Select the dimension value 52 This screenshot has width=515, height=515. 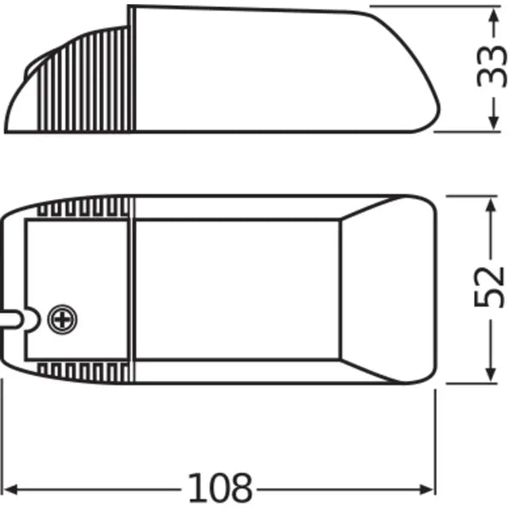coord(490,288)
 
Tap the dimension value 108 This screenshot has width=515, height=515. coord(221,488)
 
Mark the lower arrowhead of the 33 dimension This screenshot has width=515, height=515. coord(493,124)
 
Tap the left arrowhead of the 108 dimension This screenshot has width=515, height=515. coord(12,489)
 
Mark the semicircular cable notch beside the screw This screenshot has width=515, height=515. coord(31,319)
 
